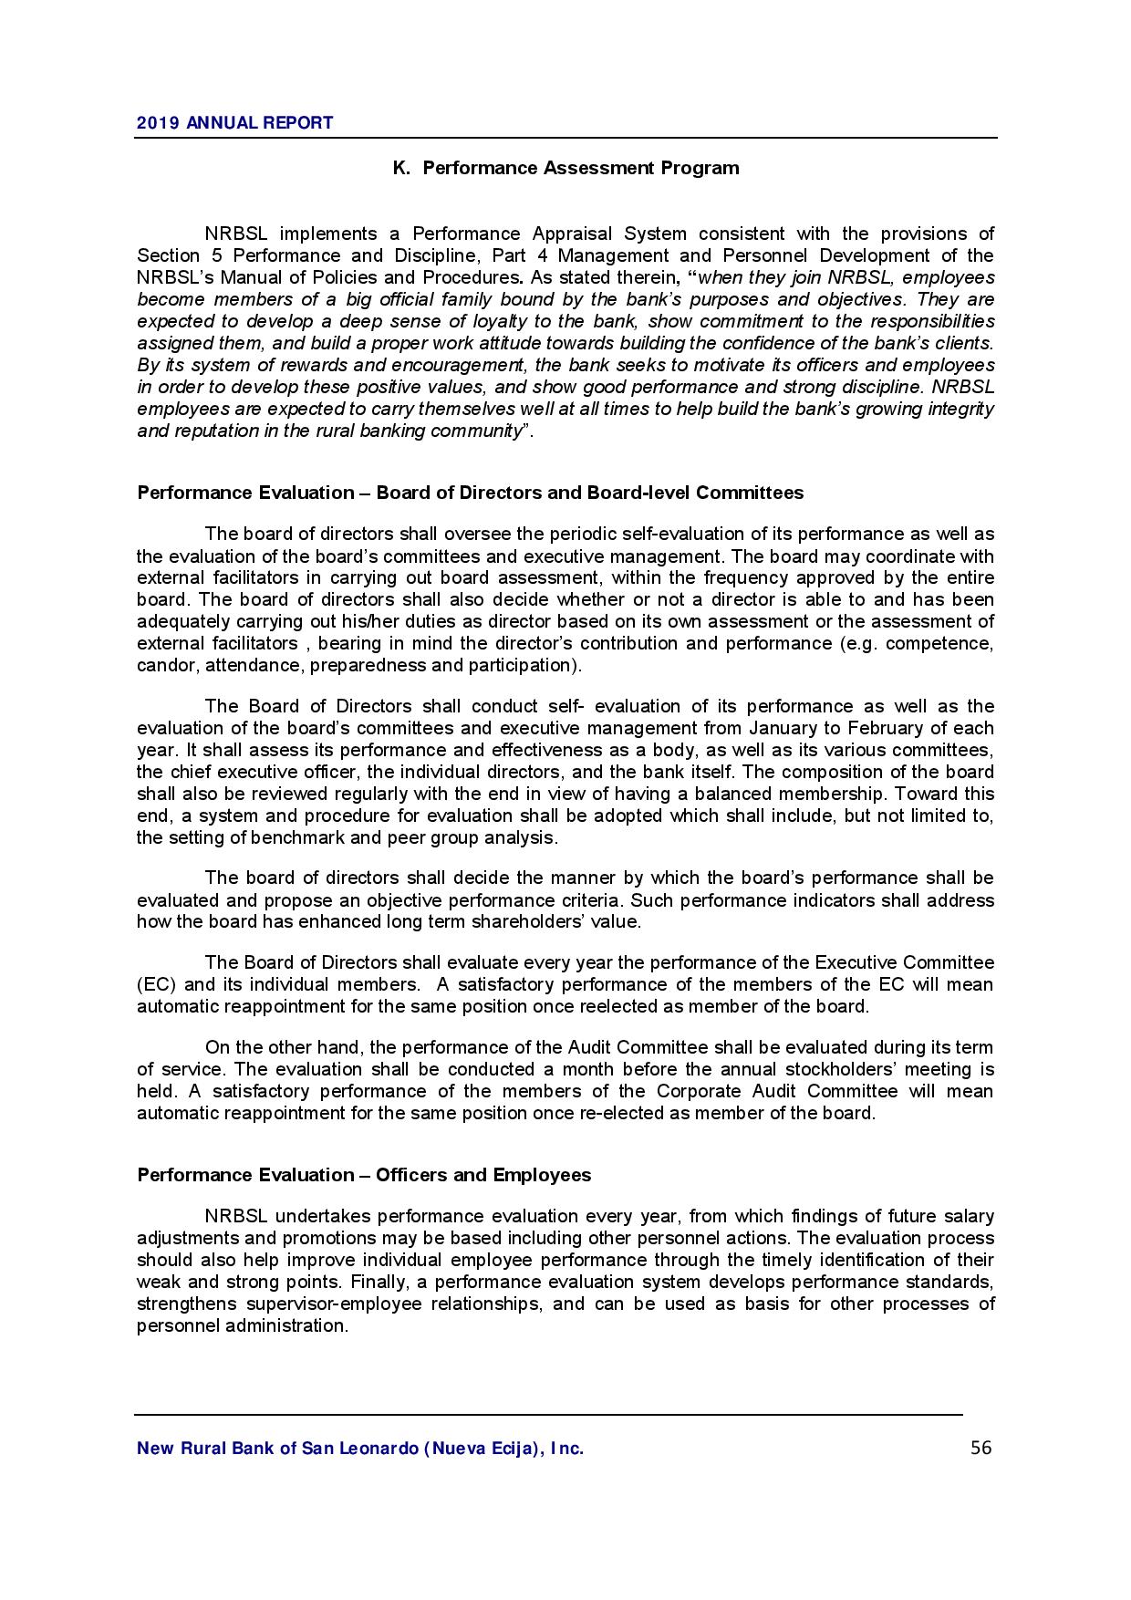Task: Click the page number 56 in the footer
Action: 981,1448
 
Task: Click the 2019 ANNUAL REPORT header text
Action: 235,123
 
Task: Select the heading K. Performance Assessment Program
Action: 565,168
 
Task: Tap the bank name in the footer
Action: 360,1449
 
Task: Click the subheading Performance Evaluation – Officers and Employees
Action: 364,1175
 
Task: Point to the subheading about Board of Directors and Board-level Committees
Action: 471,493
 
